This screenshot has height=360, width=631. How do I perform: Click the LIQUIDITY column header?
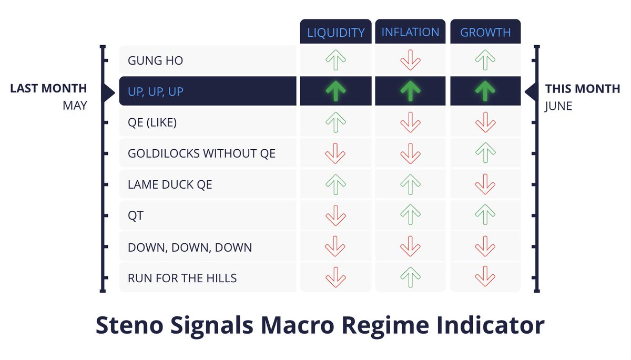click(335, 33)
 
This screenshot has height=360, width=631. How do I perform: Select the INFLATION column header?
click(410, 33)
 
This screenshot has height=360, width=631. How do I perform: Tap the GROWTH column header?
click(485, 33)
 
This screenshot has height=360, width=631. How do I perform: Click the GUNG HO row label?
click(155, 61)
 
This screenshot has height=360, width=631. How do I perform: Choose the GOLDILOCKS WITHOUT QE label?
click(201, 153)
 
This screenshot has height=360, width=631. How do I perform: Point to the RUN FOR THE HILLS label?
click(182, 277)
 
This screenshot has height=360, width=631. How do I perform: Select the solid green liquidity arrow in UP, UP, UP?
click(335, 91)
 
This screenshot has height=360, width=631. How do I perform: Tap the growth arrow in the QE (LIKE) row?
click(485, 122)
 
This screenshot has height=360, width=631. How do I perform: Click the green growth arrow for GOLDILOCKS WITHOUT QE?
click(485, 153)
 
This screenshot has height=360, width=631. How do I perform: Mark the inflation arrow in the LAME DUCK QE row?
click(410, 184)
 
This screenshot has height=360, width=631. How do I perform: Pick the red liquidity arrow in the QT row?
click(335, 215)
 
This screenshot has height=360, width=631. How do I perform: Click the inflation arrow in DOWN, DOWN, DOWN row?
click(410, 246)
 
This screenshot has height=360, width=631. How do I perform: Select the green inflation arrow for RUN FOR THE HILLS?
click(410, 277)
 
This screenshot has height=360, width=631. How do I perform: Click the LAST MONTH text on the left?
click(48, 89)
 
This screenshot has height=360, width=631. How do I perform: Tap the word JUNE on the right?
click(558, 106)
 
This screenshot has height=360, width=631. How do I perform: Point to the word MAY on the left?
click(74, 106)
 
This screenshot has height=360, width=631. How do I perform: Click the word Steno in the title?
click(126, 326)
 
